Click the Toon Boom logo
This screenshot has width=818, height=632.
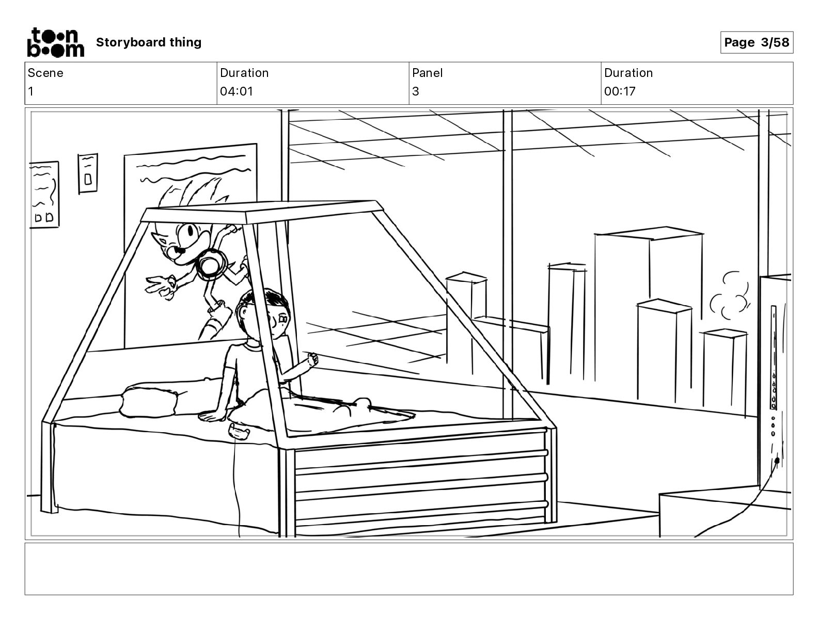point(55,42)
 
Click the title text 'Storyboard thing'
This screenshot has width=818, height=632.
point(149,42)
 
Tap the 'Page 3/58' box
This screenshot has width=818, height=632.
point(757,42)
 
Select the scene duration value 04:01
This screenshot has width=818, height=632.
point(237,91)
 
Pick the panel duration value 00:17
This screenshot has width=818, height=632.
point(620,91)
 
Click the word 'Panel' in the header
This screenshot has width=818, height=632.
point(427,73)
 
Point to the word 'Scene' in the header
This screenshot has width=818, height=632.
point(45,73)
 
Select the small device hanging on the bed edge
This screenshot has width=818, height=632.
point(238,430)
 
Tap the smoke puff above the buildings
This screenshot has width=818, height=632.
point(728,297)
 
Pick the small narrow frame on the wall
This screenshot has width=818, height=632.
point(88,173)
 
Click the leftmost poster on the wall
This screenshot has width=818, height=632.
point(44,194)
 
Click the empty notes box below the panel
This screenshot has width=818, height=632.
point(408,568)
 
